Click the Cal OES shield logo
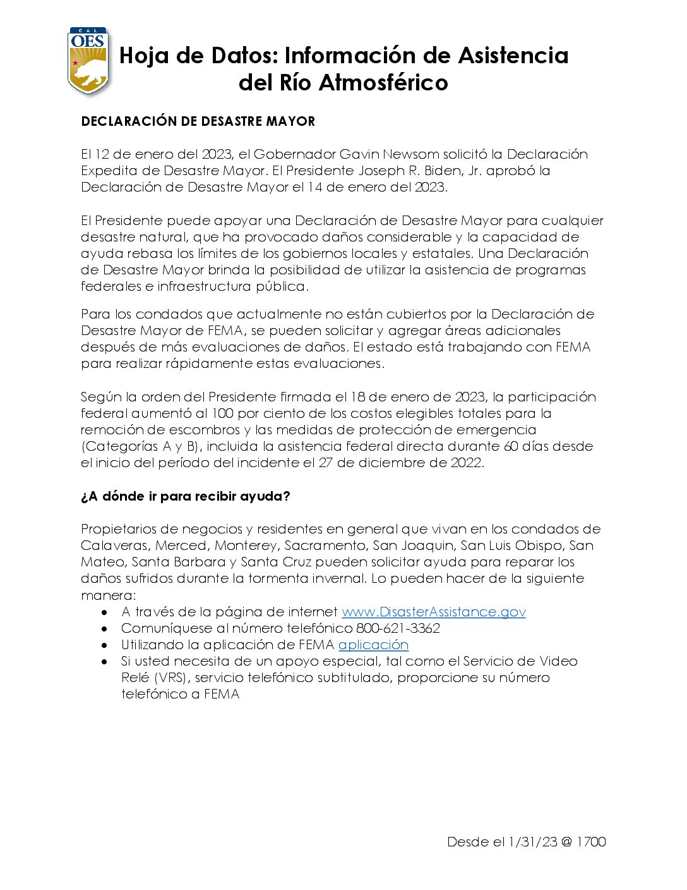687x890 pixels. tap(88, 61)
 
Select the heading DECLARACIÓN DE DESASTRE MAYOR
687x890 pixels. tap(198, 121)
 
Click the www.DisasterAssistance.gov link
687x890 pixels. tap(433, 612)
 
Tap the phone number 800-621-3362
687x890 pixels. tap(398, 628)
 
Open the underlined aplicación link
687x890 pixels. tap(373, 645)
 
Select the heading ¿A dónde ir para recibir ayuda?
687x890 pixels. tap(185, 496)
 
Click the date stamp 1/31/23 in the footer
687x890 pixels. tap(532, 842)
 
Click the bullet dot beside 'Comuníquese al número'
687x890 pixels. tap(105, 629)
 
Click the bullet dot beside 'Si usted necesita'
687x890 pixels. tap(105, 662)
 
